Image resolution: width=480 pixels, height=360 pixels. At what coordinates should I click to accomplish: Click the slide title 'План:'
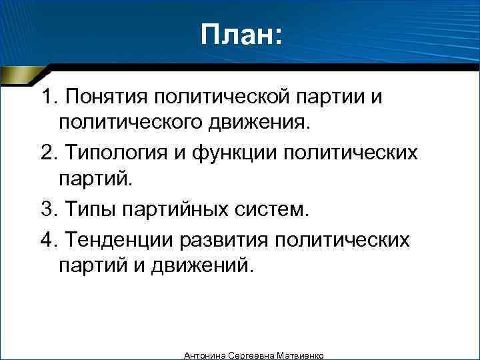241,35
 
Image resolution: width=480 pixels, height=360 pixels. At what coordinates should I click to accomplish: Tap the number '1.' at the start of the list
49,98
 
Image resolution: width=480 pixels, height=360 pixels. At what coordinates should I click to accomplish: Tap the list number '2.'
49,153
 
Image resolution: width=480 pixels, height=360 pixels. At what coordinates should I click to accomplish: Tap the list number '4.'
49,239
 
